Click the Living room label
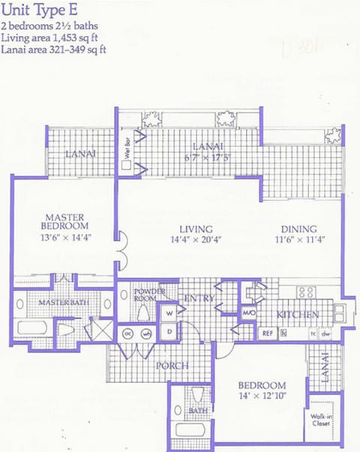pos(196,229)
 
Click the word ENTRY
pos(200,299)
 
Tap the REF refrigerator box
pos(268,333)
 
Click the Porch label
pos(172,366)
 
